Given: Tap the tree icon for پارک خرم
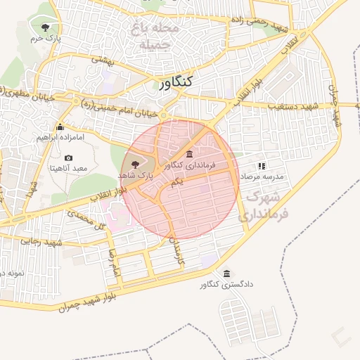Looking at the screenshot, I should tap(46, 27).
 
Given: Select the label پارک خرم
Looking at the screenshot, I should tap(46, 39).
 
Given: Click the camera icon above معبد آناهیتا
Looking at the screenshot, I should tap(68, 157).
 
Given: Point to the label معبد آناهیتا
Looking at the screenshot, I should tap(68, 169).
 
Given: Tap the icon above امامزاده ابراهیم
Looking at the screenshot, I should tap(60, 127).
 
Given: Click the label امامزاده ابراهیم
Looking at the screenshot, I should tap(60, 138).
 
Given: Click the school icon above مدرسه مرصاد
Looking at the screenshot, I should tap(262, 166).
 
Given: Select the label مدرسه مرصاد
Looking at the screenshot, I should tap(262, 176).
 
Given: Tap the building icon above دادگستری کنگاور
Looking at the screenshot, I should tap(226, 274).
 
